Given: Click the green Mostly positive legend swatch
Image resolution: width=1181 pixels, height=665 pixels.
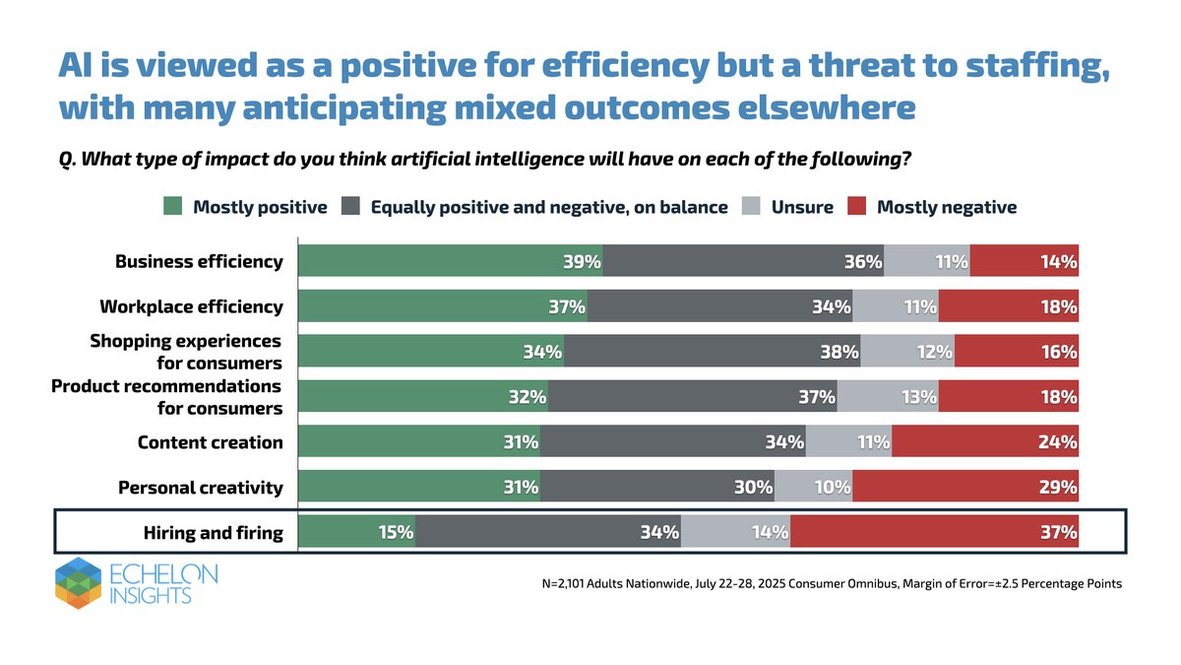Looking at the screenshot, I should [x=173, y=207].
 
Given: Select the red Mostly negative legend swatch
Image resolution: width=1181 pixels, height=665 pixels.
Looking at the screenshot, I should [x=857, y=207].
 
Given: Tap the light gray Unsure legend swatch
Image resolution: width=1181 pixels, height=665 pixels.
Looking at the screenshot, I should [x=752, y=207].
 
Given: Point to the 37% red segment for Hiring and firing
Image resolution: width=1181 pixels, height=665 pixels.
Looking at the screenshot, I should [x=934, y=533].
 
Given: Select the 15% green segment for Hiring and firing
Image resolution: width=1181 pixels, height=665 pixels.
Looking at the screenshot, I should [x=356, y=533].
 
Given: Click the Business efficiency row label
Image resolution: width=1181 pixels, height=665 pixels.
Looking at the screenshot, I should [x=199, y=261].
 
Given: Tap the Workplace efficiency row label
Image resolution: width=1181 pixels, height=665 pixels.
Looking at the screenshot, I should [x=191, y=306].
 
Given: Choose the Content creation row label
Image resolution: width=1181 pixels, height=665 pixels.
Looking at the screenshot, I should [x=210, y=442].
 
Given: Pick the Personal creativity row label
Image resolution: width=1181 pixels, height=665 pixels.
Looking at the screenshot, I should [x=200, y=488].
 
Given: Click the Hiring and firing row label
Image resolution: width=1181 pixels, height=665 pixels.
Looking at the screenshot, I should [x=213, y=533].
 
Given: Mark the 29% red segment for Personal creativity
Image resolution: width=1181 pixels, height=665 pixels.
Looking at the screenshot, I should [x=965, y=488].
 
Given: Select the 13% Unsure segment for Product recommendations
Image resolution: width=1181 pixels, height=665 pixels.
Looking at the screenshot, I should [x=888, y=397].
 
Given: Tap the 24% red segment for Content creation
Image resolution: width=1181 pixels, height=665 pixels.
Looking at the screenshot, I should [x=985, y=442].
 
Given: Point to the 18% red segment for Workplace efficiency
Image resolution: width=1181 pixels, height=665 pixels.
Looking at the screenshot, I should [x=1009, y=306].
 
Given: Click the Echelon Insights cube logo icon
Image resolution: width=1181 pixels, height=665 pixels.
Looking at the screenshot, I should [x=78, y=581].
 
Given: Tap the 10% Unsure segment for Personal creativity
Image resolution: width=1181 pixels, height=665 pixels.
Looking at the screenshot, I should [x=814, y=488].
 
